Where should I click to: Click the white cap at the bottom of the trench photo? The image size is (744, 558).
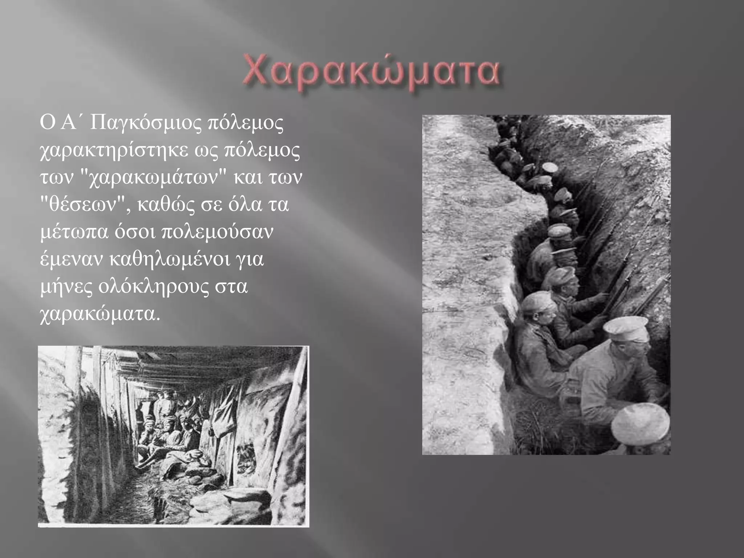pyautogui.click(x=640, y=423)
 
